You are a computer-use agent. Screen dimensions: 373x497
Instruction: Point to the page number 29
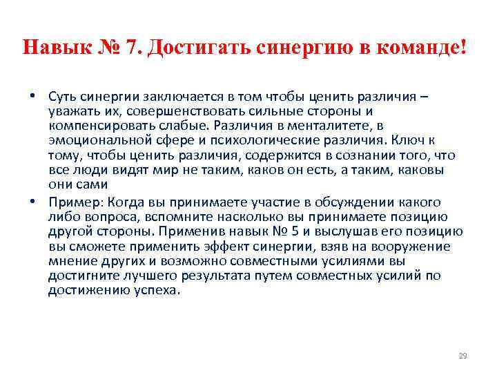[462, 356]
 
